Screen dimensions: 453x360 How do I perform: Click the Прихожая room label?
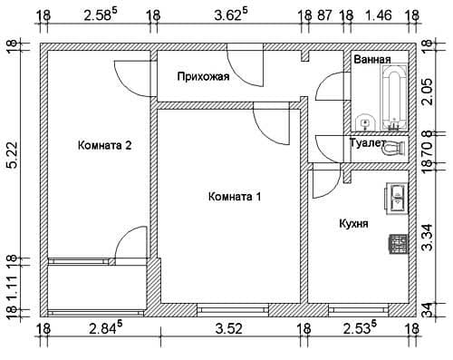(x=203, y=77)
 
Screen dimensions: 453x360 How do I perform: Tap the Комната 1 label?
(x=235, y=197)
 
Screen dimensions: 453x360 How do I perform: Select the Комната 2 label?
(x=105, y=145)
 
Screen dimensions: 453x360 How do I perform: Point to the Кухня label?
(x=353, y=224)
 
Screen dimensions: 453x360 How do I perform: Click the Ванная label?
(x=372, y=59)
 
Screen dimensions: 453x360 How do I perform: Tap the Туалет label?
(x=367, y=142)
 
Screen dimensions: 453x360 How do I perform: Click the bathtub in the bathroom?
(x=394, y=98)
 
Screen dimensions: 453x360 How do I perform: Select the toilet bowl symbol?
(x=394, y=149)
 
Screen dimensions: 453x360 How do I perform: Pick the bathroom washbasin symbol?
(x=365, y=123)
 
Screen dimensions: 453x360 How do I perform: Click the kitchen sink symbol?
(x=397, y=198)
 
